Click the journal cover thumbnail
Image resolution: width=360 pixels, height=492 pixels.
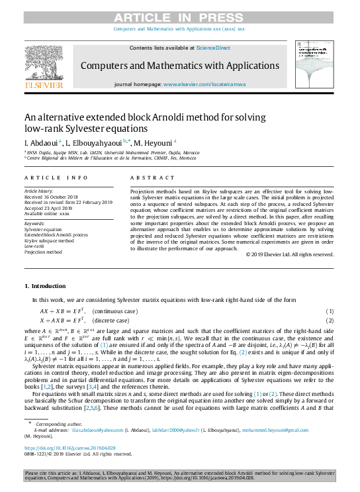click(x=317, y=66)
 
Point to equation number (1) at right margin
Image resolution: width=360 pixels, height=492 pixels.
click(x=330, y=311)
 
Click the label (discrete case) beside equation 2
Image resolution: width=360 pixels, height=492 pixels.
click(x=114, y=320)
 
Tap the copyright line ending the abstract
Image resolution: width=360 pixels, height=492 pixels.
click(x=289, y=254)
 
